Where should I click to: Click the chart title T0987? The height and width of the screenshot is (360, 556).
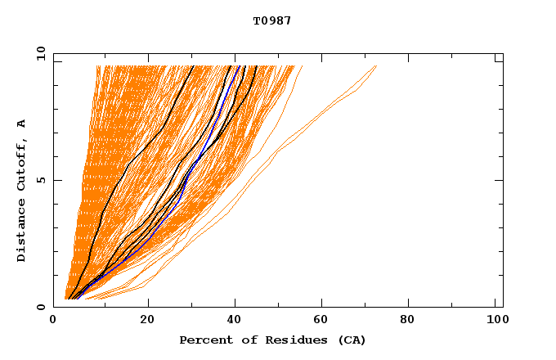(x=272, y=20)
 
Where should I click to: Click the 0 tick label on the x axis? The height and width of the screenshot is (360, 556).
(x=53, y=321)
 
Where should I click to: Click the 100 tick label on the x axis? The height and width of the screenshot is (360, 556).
(x=495, y=321)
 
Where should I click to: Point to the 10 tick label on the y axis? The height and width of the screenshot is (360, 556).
(x=40, y=53)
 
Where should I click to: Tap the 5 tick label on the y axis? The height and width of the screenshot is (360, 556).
(x=43, y=180)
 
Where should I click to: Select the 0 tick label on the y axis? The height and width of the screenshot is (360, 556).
(x=43, y=307)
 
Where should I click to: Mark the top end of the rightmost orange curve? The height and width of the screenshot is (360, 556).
(x=376, y=66)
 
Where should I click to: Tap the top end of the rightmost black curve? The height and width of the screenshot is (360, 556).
(x=256, y=66)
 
